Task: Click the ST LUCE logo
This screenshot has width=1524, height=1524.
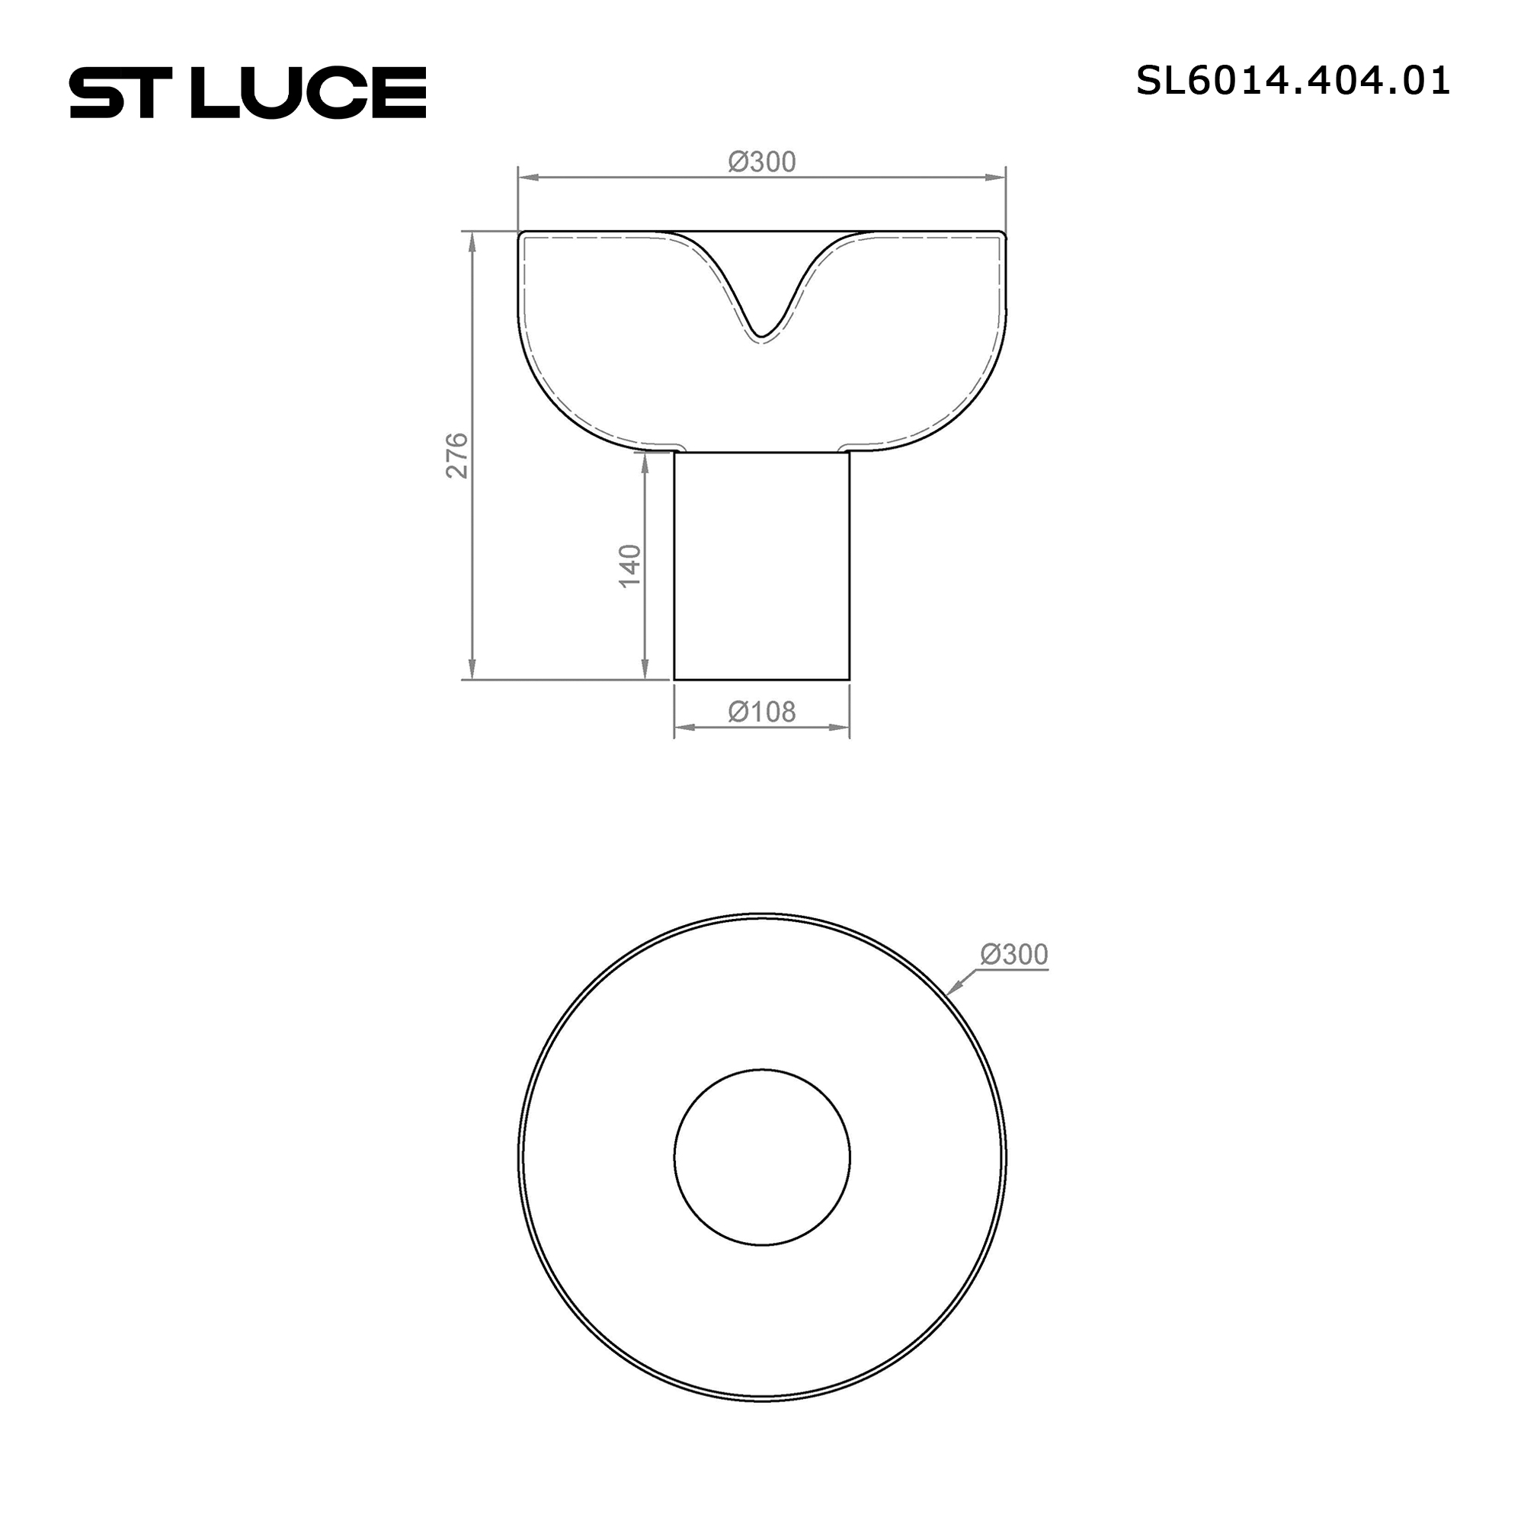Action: click(248, 92)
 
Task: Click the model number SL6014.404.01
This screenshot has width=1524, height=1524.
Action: click(1293, 81)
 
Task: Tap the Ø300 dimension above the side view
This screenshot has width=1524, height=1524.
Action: click(762, 162)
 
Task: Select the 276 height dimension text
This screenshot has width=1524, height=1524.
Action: click(456, 455)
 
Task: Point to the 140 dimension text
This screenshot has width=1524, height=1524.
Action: click(629, 565)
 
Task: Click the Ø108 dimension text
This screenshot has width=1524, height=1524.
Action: click(762, 712)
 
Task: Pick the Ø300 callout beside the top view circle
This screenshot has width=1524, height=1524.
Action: click(1013, 955)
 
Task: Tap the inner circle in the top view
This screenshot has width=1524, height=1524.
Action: click(762, 1069)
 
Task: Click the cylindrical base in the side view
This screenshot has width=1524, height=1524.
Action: click(762, 565)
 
